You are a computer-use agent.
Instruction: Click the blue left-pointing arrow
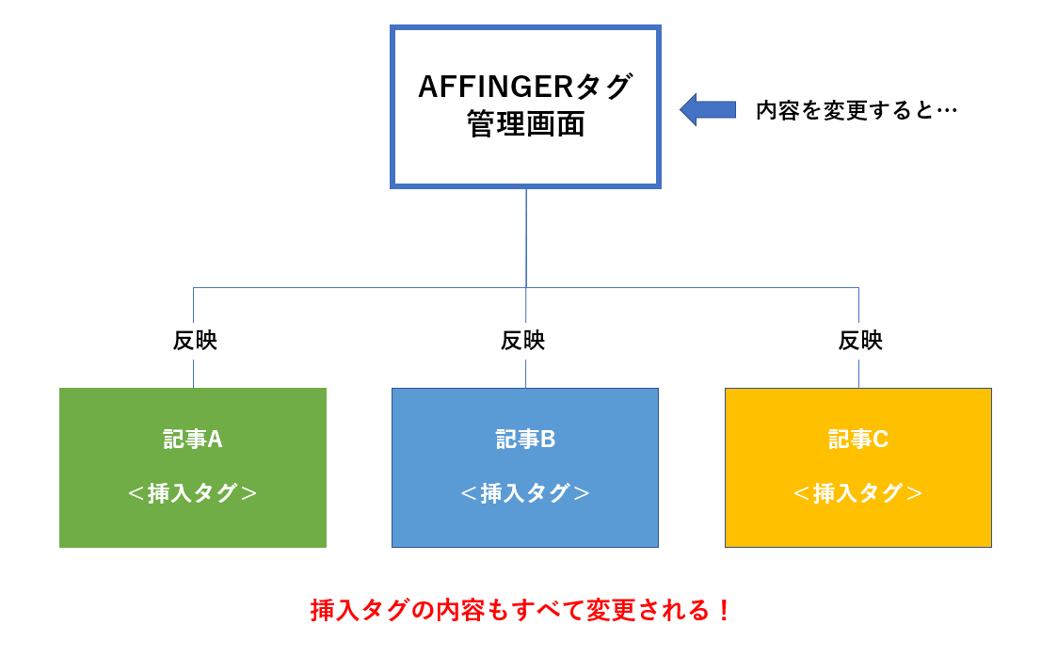[x=707, y=110]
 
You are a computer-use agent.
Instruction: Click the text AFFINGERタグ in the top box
[x=525, y=87]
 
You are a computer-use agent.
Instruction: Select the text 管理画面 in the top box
[x=525, y=124]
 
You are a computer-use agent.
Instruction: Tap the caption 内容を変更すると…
[x=857, y=110]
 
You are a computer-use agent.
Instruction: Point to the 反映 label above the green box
[x=195, y=341]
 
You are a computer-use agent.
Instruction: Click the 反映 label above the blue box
[x=522, y=341]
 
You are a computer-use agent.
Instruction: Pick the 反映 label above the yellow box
[x=860, y=341]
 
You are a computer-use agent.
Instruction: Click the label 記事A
[x=193, y=440]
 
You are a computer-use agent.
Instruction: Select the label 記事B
[x=525, y=440]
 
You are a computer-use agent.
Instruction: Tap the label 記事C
[x=858, y=440]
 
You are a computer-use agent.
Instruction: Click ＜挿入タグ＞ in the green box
[x=193, y=493]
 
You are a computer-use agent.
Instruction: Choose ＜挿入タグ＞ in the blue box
[x=525, y=493]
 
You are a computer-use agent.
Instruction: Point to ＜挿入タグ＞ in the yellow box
[x=858, y=493]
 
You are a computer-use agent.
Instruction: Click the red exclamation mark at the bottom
[x=724, y=611]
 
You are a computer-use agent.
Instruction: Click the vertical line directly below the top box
[x=526, y=238]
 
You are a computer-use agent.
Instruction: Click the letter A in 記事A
[x=215, y=440]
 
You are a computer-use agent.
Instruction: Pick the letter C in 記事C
[x=880, y=440]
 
